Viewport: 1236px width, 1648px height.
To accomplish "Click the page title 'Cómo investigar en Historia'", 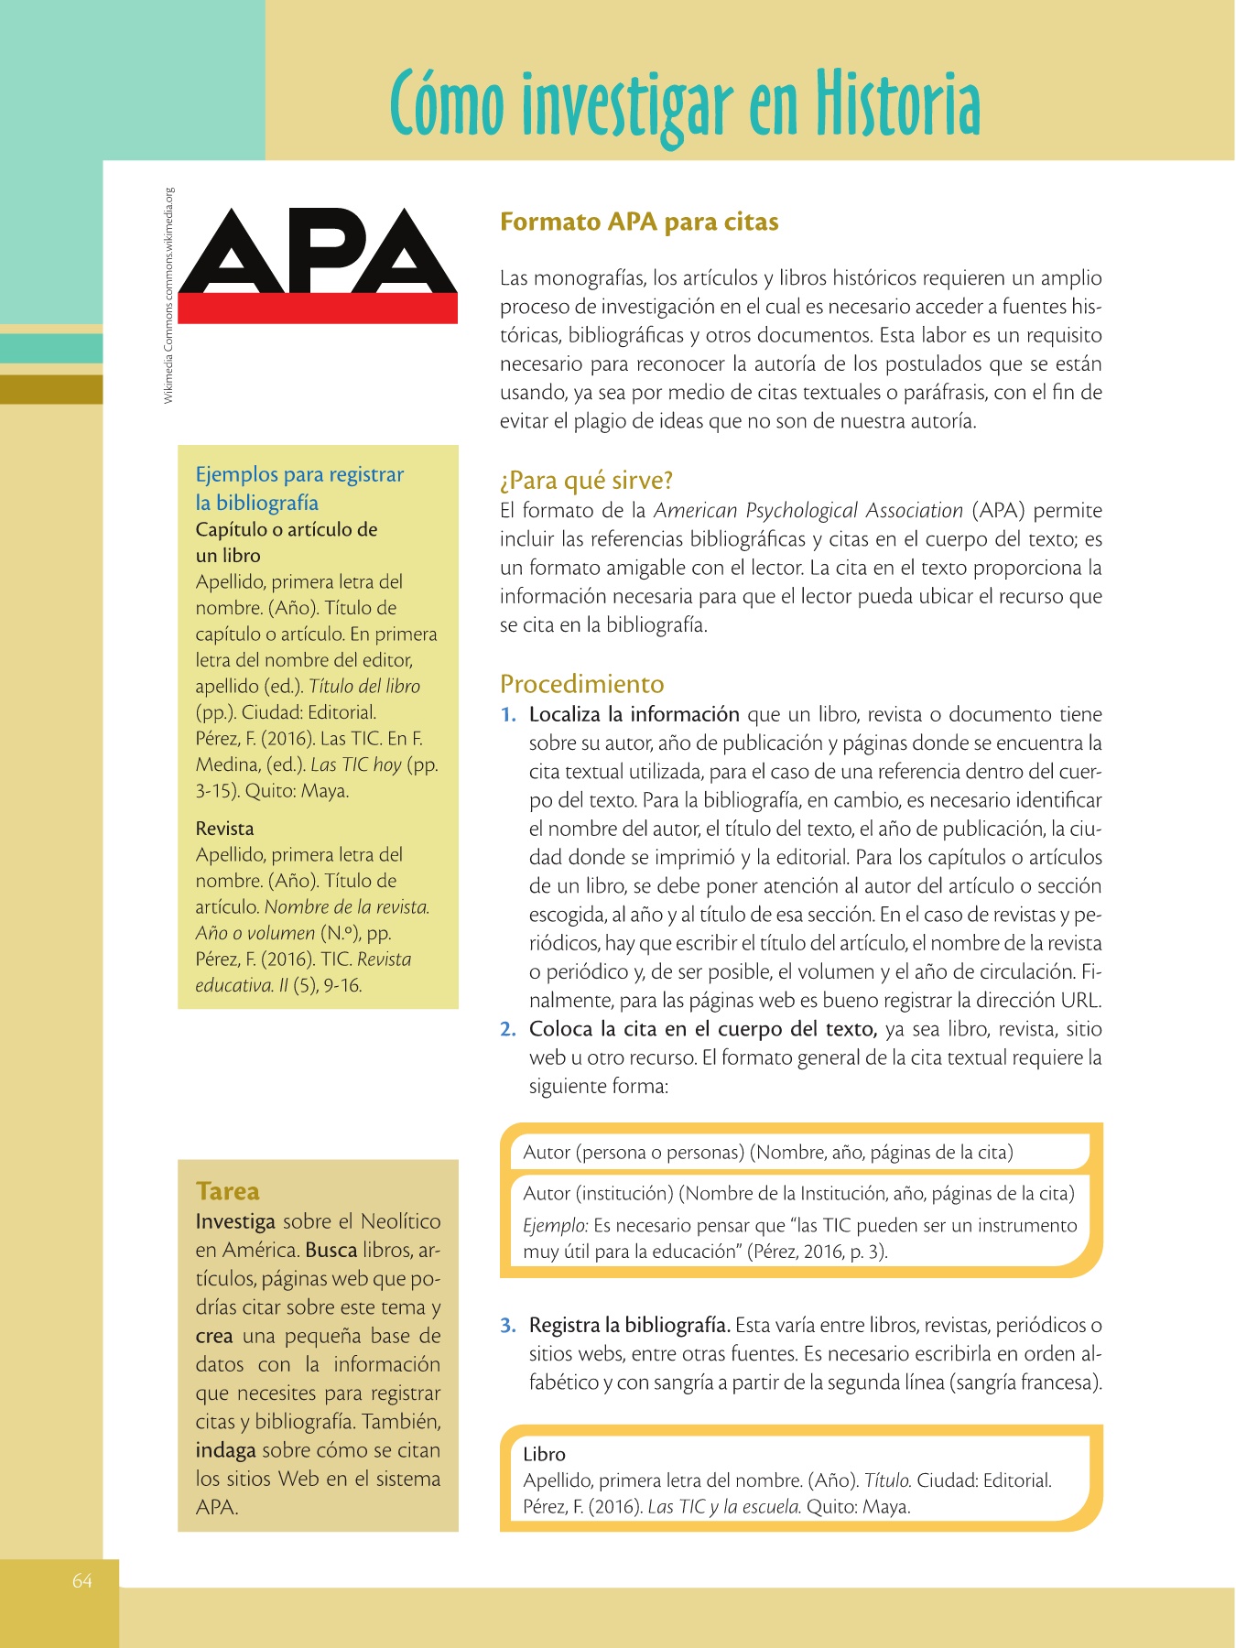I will click(685, 103).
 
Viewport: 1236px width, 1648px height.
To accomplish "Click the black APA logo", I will click(318, 251).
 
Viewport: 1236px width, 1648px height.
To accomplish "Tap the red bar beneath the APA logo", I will click(318, 308).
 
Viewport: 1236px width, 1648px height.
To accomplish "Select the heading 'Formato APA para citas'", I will click(639, 222).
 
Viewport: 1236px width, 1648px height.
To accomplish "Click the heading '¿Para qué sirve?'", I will click(586, 481).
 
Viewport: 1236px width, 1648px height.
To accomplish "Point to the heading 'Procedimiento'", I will click(582, 684).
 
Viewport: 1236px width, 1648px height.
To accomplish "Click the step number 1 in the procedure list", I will click(507, 715).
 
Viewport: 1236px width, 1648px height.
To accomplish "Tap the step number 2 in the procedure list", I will click(508, 1030).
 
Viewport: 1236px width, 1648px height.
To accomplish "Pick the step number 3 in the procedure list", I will click(508, 1326).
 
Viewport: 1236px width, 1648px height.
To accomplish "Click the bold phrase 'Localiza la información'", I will click(634, 715).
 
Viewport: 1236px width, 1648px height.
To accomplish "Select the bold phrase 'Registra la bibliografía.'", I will click(629, 1326).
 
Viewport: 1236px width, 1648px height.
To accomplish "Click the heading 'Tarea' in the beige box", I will click(227, 1191).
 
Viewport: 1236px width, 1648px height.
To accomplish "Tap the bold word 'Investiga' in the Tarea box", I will click(235, 1222).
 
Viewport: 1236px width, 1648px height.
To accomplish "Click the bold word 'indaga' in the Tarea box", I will click(225, 1451).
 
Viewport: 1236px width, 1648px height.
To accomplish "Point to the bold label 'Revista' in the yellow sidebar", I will click(224, 829).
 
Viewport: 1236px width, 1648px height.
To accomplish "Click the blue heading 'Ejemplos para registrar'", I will click(299, 474).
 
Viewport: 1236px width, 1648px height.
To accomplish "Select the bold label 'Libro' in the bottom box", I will click(544, 1455).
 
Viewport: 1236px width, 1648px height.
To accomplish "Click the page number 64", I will click(82, 1581).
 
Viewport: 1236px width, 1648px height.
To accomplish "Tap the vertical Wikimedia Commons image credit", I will click(168, 295).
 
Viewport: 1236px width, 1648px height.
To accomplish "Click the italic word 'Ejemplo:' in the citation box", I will click(555, 1226).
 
